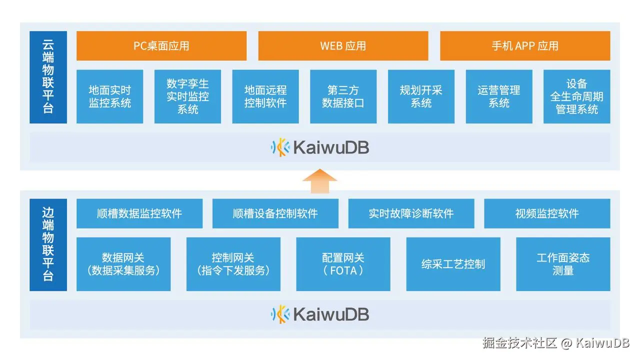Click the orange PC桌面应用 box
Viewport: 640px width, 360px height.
point(161,46)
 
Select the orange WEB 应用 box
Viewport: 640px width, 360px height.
point(343,46)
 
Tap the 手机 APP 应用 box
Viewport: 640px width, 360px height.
point(525,46)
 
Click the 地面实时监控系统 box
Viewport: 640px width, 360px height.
point(109,96)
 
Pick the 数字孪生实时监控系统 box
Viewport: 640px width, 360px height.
point(187,96)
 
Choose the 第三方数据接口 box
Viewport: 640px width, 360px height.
point(343,96)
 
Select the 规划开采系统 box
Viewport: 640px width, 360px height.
point(421,96)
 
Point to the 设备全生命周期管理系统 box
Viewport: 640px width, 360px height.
point(576,96)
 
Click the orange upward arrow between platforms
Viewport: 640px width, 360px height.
point(320,180)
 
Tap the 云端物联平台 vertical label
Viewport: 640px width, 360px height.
point(48,77)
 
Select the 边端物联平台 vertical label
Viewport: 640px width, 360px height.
point(48,245)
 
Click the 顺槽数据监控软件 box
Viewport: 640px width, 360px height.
point(139,213)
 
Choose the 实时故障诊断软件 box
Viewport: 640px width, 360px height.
point(411,213)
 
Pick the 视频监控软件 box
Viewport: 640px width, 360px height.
point(547,213)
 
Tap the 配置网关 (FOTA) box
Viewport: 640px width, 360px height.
point(343,264)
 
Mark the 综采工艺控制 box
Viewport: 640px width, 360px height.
point(453,264)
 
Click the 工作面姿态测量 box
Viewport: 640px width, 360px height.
point(563,264)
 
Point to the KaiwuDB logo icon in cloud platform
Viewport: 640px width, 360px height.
point(280,147)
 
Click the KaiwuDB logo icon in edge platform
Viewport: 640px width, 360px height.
point(280,314)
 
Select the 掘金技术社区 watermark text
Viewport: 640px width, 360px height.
point(519,343)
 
